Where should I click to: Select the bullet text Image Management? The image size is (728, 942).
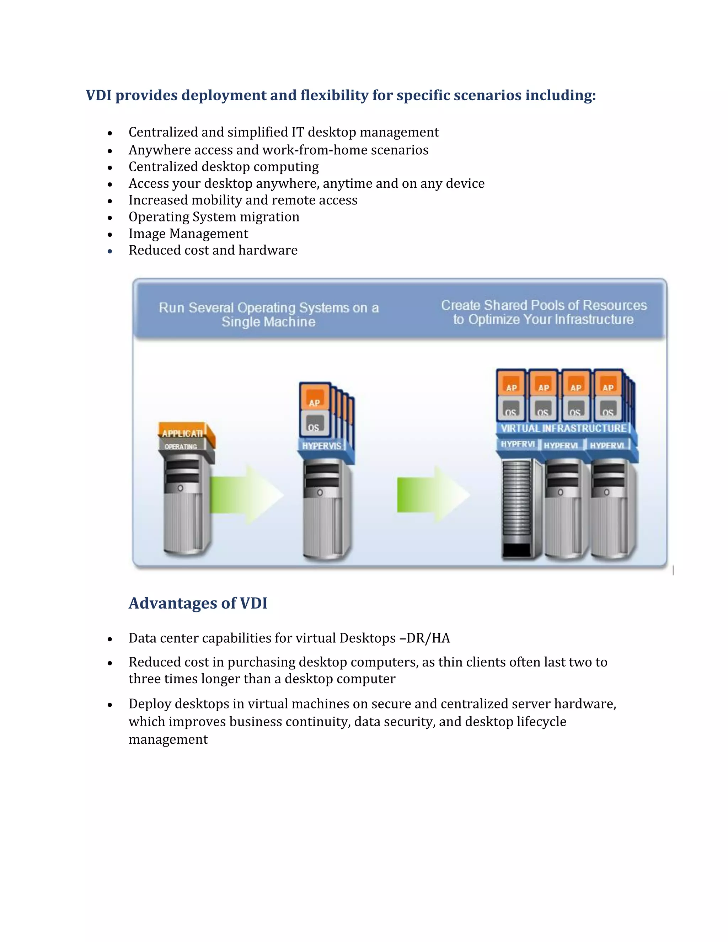188,234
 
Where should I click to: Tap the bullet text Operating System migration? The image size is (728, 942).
214,217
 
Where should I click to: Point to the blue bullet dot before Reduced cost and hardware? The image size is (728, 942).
110,251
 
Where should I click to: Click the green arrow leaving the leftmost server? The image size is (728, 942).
246,495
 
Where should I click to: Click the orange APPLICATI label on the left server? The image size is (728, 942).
183,433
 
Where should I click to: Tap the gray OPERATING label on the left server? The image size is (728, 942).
181,447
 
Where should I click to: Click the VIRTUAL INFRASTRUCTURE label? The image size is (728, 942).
563,428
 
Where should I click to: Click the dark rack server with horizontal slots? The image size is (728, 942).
516,509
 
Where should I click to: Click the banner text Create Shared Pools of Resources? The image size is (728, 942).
544,305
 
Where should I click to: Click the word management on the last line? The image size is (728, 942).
168,740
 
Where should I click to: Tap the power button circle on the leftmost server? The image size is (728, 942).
180,488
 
